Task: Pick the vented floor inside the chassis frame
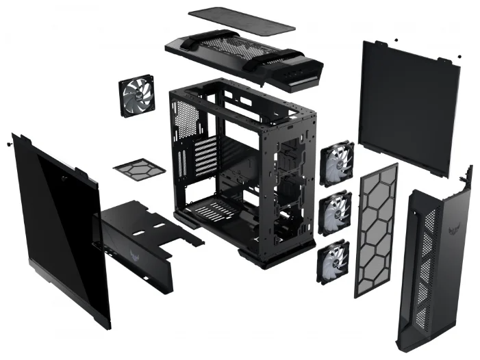[x=219, y=205]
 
